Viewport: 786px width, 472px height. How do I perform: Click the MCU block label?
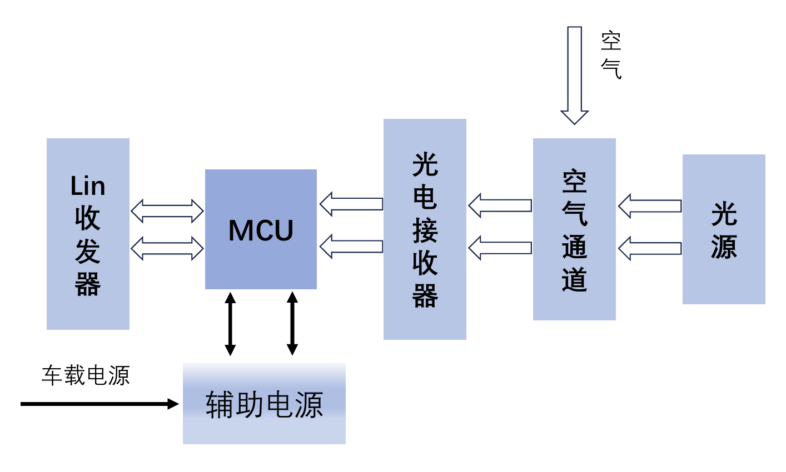(x=261, y=230)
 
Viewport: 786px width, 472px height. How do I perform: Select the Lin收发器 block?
(x=88, y=234)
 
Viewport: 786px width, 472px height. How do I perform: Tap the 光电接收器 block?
(x=425, y=229)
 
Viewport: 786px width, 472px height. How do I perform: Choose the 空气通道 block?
(x=574, y=229)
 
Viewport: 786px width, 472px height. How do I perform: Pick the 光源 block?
(x=724, y=229)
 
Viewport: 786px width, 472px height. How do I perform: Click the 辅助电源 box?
(x=264, y=404)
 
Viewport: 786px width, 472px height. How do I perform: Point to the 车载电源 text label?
(x=86, y=376)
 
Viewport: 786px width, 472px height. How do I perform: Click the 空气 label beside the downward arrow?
(x=611, y=55)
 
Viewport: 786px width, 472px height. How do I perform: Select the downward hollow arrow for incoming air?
(x=574, y=75)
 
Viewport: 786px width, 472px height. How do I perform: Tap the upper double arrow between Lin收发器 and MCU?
(x=167, y=211)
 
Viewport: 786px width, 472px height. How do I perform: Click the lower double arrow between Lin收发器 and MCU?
(x=167, y=248)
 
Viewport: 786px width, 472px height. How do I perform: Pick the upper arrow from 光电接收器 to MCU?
(x=351, y=204)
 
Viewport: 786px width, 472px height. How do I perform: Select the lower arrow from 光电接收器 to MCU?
(x=351, y=247)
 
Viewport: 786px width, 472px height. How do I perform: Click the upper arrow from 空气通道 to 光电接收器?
(x=500, y=205)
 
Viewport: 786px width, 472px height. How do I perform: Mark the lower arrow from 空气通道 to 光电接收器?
(x=500, y=248)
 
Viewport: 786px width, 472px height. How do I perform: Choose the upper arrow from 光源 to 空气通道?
(x=650, y=206)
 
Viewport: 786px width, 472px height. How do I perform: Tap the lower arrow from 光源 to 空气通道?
(x=650, y=248)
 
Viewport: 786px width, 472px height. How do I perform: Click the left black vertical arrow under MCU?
(x=230, y=324)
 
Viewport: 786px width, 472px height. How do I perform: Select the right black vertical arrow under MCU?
(x=292, y=324)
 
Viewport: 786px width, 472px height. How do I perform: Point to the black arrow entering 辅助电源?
(x=100, y=404)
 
